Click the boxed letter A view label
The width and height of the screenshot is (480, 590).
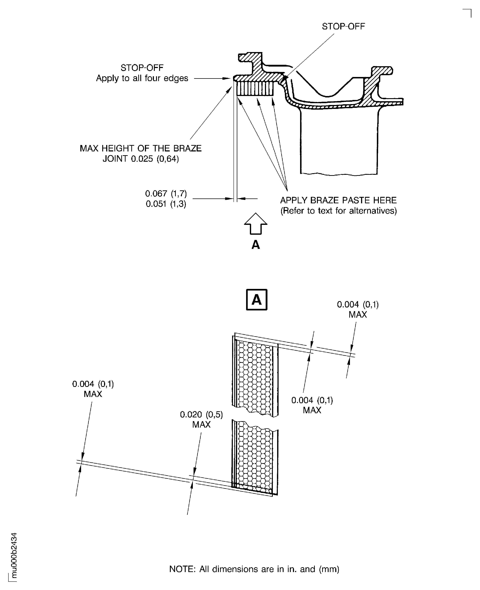point(256,299)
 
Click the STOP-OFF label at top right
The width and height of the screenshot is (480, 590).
point(343,27)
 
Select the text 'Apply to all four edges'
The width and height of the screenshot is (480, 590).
point(142,78)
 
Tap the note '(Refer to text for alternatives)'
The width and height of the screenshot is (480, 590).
point(338,211)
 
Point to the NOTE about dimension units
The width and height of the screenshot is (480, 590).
point(254,569)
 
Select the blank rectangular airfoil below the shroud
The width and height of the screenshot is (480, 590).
point(339,141)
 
